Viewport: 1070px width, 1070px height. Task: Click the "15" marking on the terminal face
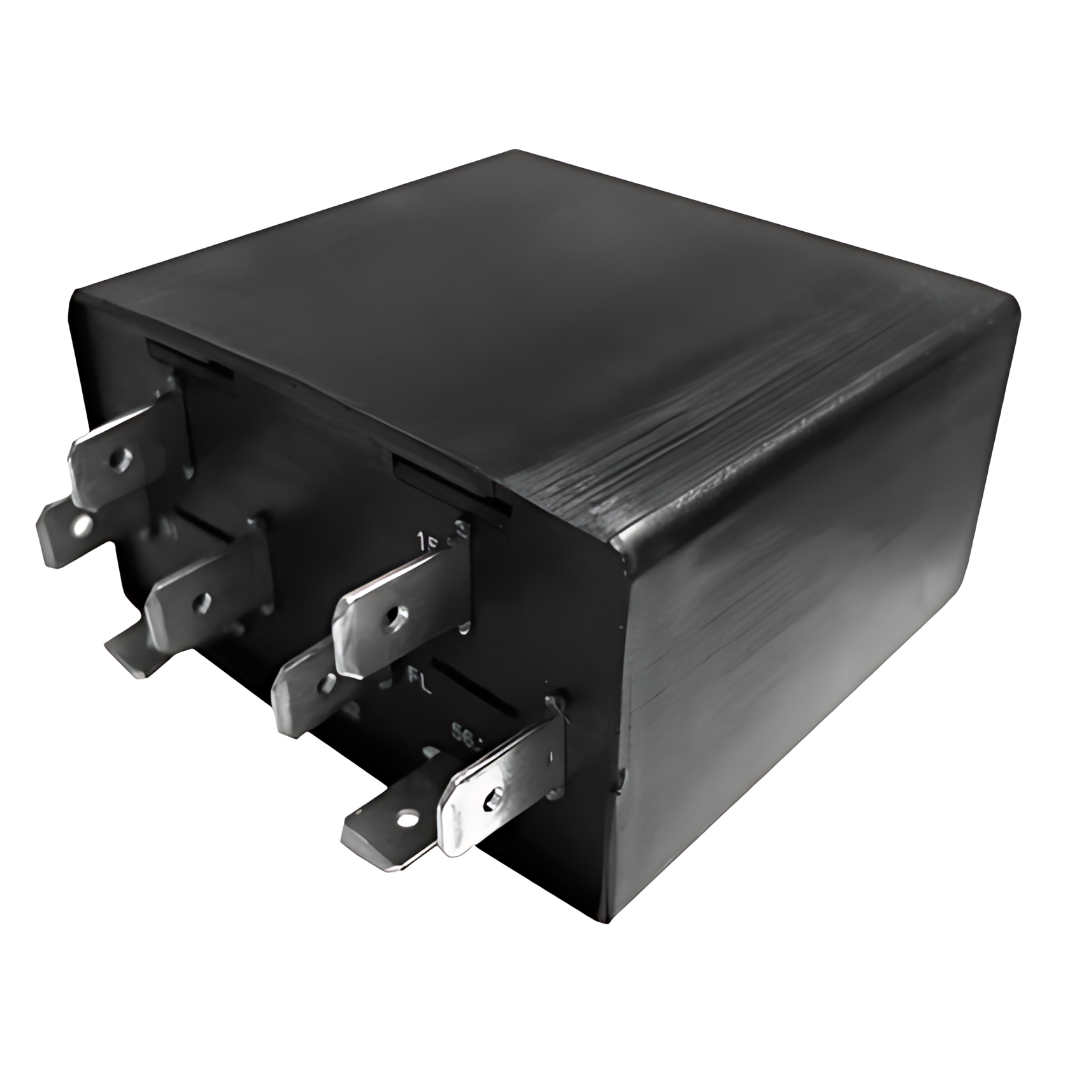click(x=425, y=541)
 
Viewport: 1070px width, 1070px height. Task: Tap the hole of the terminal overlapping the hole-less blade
click(x=203, y=599)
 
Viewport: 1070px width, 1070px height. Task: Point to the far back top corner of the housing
click(x=516, y=153)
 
